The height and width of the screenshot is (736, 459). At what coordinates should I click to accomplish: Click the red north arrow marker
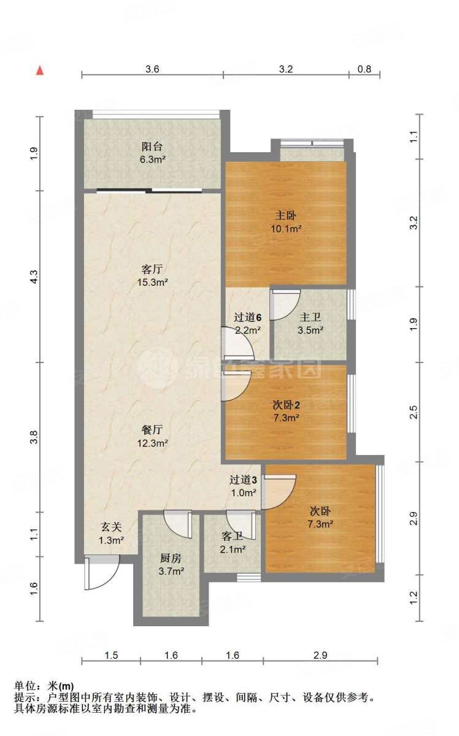pyautogui.click(x=40, y=70)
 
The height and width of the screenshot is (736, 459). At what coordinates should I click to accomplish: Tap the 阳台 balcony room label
pyautogui.click(x=152, y=147)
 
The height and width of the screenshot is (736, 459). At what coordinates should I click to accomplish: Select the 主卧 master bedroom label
pyautogui.click(x=286, y=216)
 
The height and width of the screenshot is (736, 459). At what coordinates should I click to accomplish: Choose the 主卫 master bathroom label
pyautogui.click(x=310, y=318)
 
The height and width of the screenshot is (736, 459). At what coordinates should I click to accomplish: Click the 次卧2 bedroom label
pyautogui.click(x=286, y=405)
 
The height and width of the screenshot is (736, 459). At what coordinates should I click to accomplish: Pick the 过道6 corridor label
pyautogui.click(x=248, y=318)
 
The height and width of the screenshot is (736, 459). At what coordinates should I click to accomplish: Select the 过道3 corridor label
pyautogui.click(x=243, y=480)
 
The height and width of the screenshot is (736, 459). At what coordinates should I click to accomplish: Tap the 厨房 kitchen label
pyautogui.click(x=171, y=558)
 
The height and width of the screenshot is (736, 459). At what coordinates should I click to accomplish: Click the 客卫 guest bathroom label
pyautogui.click(x=233, y=536)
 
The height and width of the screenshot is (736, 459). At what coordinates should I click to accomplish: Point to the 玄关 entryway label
pyautogui.click(x=112, y=527)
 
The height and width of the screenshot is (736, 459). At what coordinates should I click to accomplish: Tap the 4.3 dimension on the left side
pyautogui.click(x=35, y=277)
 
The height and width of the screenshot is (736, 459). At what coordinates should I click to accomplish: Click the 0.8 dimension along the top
pyautogui.click(x=364, y=69)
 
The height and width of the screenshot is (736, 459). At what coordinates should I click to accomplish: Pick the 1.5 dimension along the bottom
pyautogui.click(x=110, y=656)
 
